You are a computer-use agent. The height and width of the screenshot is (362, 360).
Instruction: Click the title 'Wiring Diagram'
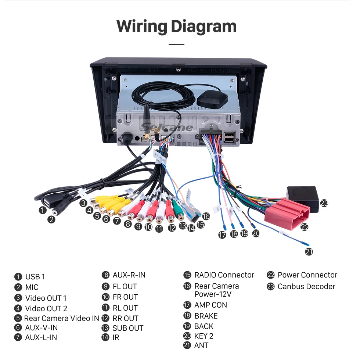177,27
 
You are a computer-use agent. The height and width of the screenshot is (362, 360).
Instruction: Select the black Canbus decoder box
303,198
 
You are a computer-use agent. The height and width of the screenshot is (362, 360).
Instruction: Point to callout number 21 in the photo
309,251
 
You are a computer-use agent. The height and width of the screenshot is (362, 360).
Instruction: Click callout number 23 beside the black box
324,203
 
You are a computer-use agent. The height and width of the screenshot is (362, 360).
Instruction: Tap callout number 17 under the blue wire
222,235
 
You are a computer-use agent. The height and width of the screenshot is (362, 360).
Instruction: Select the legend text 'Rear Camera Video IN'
61,318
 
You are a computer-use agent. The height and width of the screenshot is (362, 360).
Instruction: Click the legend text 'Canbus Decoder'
306,287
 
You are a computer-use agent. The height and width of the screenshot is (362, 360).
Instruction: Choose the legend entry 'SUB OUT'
128,328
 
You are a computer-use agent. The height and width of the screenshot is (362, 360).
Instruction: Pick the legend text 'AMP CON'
211,305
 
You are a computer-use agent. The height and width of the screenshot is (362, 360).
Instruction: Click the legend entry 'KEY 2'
204,336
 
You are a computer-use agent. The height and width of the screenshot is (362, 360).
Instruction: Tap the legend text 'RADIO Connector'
224,275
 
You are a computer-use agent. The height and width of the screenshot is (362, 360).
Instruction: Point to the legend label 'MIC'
32,287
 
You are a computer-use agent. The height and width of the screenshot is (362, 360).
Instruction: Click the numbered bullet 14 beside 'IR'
105,337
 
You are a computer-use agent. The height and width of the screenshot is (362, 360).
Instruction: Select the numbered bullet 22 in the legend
270,275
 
